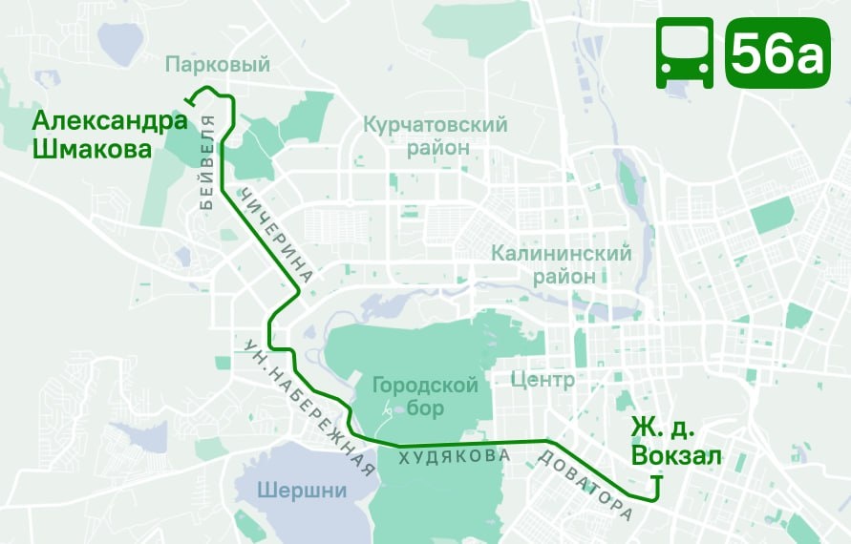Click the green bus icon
click(684, 53)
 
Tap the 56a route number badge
click(777, 53)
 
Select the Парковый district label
click(218, 65)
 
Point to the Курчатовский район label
click(435, 136)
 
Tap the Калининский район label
click(561, 264)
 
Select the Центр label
click(543, 381)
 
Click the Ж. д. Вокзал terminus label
click(676, 443)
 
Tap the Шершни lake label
click(303, 491)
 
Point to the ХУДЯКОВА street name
click(454, 457)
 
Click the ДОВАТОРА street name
click(585, 482)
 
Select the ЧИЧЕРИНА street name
click(276, 240)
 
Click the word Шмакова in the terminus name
click(92, 150)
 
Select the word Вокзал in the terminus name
click(676, 457)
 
